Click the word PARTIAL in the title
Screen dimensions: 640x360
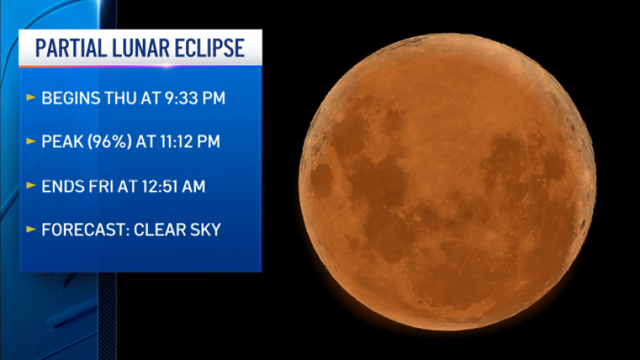pos(71,48)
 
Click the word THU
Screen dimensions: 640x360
pos(121,99)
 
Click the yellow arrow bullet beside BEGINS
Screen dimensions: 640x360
pos(31,97)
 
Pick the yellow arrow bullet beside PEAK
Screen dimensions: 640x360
pos(31,141)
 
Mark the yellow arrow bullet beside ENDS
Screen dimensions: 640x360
pos(31,185)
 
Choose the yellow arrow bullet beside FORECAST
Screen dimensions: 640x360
pos(31,229)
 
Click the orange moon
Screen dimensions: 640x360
pos(447,181)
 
